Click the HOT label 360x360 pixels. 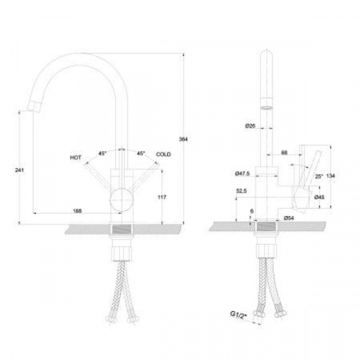coord(76,158)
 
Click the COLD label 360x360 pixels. coord(163,154)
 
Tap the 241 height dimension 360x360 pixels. coord(19,170)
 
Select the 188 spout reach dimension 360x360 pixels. coord(78,211)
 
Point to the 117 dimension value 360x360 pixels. coord(162,197)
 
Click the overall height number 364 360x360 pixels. coord(183,139)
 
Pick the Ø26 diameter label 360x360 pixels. coord(250,126)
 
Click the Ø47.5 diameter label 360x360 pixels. coord(242,174)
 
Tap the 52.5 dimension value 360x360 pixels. coord(242,191)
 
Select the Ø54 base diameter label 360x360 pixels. coord(289,218)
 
